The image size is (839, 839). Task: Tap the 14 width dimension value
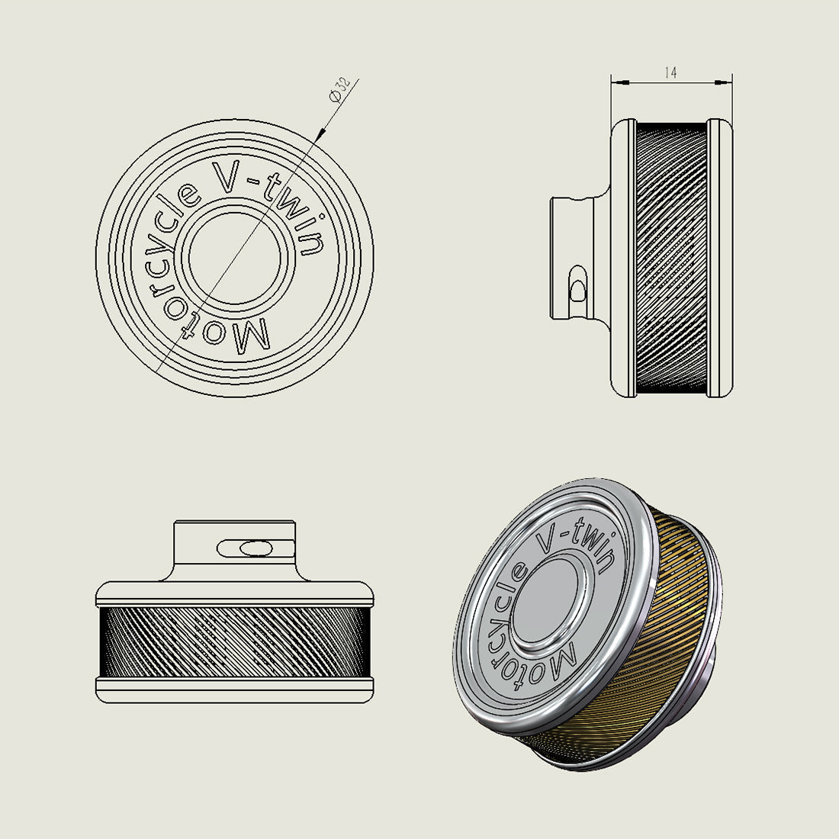click(670, 73)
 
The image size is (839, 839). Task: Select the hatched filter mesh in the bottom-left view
click(235, 642)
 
